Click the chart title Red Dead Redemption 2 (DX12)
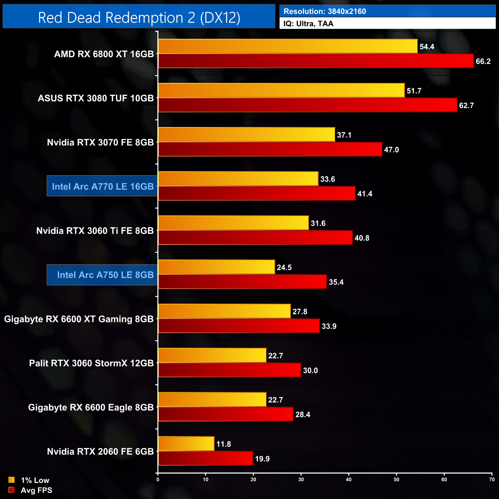139,18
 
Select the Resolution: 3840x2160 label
324,12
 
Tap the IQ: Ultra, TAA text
308,24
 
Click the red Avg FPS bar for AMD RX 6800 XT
316,61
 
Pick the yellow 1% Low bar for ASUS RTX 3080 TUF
281,91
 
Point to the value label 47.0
391,150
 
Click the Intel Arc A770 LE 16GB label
102,187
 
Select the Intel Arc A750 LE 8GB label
105,275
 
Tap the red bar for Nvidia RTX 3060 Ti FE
255,238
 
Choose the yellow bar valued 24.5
216,267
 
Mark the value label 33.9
329,326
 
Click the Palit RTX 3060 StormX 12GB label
91,363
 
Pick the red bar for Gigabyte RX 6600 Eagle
226,414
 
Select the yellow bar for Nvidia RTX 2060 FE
186,444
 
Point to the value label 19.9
262,459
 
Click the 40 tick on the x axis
349,479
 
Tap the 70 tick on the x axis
492,479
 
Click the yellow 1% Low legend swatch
12,480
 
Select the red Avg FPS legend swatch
12,490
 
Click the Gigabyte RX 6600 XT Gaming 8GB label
79,319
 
